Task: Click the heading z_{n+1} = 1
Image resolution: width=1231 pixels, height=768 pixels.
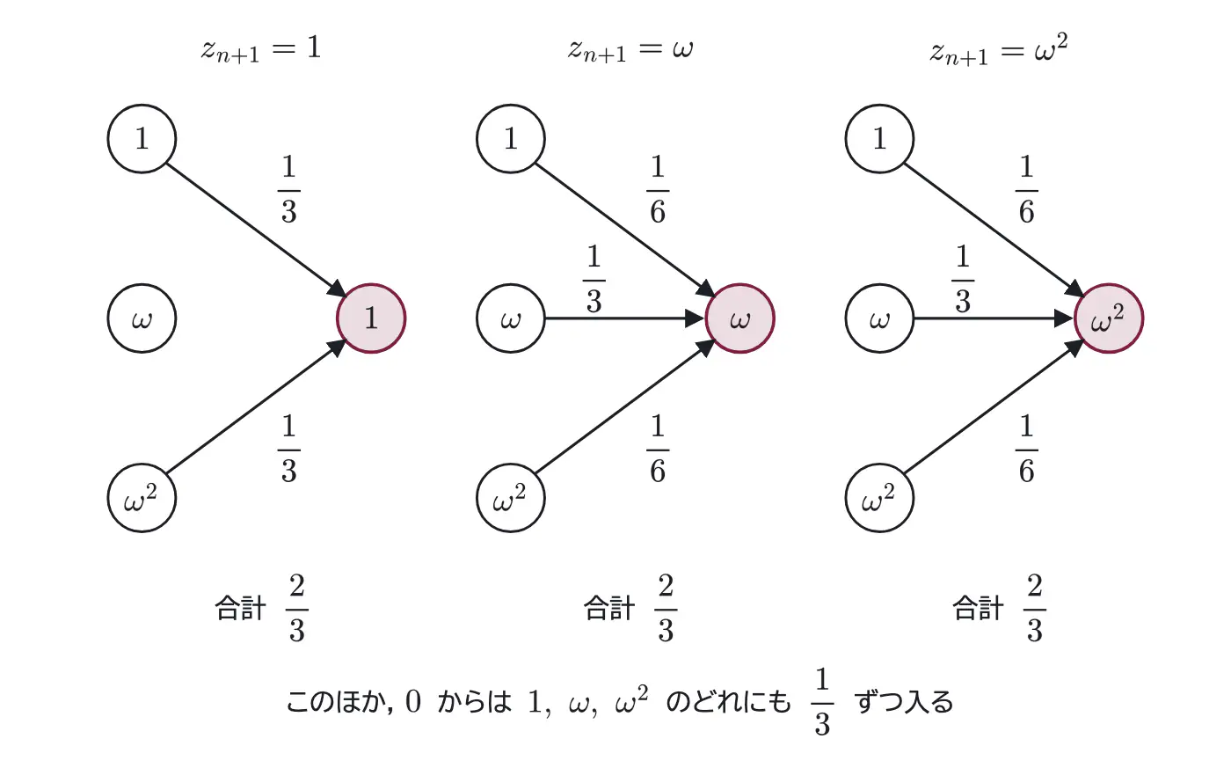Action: [x=261, y=50]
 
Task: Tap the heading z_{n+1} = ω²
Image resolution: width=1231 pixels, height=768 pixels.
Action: [x=999, y=50]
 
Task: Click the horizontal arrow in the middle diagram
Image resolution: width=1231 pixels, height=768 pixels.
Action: [x=624, y=318]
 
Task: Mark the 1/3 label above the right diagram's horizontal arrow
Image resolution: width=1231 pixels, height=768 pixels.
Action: [x=962, y=279]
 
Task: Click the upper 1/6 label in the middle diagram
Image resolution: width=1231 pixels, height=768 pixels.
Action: [x=658, y=190]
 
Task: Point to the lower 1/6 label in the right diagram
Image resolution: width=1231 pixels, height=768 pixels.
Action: [x=1027, y=449]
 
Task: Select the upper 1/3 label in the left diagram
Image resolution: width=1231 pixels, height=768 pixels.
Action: [x=289, y=190]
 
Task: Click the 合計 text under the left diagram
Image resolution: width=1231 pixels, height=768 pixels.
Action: [x=241, y=609]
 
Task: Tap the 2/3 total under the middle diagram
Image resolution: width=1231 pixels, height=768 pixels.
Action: [x=666, y=608]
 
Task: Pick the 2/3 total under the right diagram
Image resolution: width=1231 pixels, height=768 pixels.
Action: [x=1035, y=608]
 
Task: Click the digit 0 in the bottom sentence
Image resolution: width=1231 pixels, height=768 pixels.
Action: [x=413, y=702]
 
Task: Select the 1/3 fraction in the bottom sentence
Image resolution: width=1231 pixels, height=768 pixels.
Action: [x=822, y=702]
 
